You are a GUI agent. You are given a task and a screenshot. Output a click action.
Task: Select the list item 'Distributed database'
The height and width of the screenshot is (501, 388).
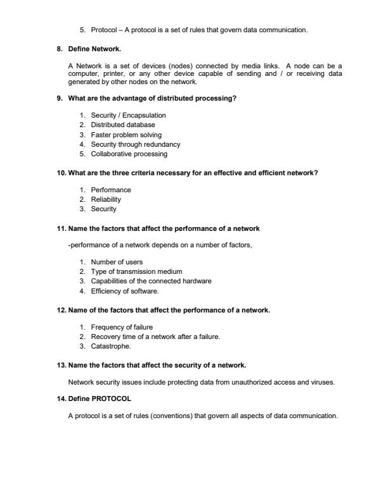point(123,125)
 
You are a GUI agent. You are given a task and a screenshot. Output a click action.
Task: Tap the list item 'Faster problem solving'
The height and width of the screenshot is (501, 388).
point(126,135)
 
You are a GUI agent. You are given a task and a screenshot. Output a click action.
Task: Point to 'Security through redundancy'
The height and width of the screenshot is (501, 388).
point(135,144)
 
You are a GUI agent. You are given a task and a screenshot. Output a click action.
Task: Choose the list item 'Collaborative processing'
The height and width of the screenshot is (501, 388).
point(129,154)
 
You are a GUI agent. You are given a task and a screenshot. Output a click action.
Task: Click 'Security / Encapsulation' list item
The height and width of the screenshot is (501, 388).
point(128,116)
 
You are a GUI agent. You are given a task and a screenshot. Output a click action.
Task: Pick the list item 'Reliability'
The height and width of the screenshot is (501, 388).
point(106,199)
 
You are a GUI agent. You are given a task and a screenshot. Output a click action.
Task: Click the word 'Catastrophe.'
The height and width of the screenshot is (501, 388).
point(111,347)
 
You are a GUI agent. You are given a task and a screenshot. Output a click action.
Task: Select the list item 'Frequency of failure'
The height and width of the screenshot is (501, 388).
point(122,327)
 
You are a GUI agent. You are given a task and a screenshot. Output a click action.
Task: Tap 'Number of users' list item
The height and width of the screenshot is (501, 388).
point(117,262)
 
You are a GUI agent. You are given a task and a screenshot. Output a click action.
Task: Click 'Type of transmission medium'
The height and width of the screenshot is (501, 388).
point(136,272)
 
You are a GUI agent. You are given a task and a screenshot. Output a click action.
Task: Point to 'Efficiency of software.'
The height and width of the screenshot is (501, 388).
point(125,291)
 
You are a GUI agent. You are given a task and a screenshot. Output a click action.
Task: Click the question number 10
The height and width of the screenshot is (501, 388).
point(61,173)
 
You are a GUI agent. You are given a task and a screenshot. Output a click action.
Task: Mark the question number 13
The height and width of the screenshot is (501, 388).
point(61,365)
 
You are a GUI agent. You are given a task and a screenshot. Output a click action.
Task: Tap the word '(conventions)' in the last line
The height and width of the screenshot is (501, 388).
point(170,416)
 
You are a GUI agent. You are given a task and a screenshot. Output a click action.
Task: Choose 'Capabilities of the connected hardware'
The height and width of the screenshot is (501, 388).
point(151,281)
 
